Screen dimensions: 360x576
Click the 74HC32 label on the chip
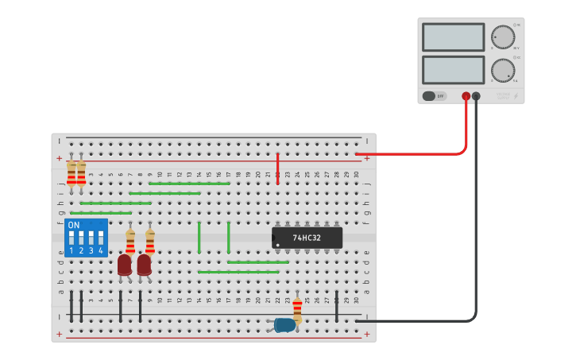tap(307, 238)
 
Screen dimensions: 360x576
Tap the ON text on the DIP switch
tap(74, 226)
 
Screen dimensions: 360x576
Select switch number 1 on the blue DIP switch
tap(72, 238)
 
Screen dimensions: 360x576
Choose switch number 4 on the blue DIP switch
tap(101, 238)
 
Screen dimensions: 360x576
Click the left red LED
tap(125, 265)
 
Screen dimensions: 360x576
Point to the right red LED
tap(144, 265)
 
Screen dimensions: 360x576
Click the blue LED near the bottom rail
tap(284, 324)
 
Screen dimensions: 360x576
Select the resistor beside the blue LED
tap(297, 308)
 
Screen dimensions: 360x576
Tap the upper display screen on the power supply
tap(454, 37)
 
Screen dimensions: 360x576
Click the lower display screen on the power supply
tap(454, 69)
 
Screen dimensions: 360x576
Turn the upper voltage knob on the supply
tap(502, 37)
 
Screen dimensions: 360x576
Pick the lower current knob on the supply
tap(502, 69)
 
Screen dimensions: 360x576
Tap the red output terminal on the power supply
tap(466, 96)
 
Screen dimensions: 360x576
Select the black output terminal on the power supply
tap(476, 96)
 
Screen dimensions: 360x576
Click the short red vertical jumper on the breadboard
tap(277, 168)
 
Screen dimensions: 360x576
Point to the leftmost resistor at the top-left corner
tap(72, 172)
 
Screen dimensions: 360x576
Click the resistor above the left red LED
tap(130, 239)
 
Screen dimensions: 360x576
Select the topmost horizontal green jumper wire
tap(189, 184)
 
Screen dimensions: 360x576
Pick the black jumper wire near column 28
tap(337, 306)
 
